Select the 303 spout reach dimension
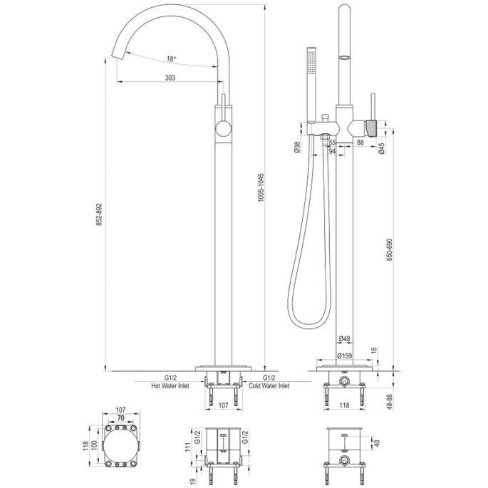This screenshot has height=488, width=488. click(x=169, y=78)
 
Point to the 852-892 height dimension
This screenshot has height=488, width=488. click(x=100, y=214)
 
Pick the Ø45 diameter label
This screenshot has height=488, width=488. click(x=383, y=148)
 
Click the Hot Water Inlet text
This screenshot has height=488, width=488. click(x=170, y=385)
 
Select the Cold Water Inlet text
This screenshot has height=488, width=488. click(x=269, y=385)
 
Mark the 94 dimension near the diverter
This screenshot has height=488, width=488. click(x=332, y=151)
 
